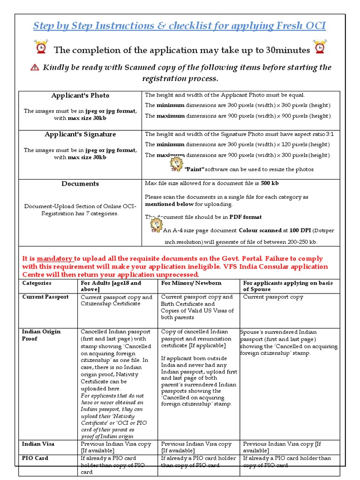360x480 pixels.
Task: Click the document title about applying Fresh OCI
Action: point(180,26)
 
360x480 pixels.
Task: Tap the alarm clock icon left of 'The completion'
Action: point(41,48)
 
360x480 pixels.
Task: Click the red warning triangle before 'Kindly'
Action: point(34,67)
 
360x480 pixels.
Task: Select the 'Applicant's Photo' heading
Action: point(80,96)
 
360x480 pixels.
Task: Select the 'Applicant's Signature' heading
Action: point(80,135)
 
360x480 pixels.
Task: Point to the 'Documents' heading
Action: point(80,184)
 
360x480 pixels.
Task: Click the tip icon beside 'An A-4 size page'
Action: point(156,226)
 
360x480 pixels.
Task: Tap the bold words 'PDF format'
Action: point(245,217)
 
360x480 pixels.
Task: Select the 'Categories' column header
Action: point(37,283)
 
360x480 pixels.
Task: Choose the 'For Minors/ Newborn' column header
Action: point(191,283)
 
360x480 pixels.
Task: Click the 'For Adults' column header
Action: point(111,283)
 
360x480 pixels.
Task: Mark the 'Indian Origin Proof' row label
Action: point(41,335)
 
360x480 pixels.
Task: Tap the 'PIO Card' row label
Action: point(35,458)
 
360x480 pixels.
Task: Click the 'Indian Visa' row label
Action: point(38,443)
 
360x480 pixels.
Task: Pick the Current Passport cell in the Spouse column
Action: point(273,297)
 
